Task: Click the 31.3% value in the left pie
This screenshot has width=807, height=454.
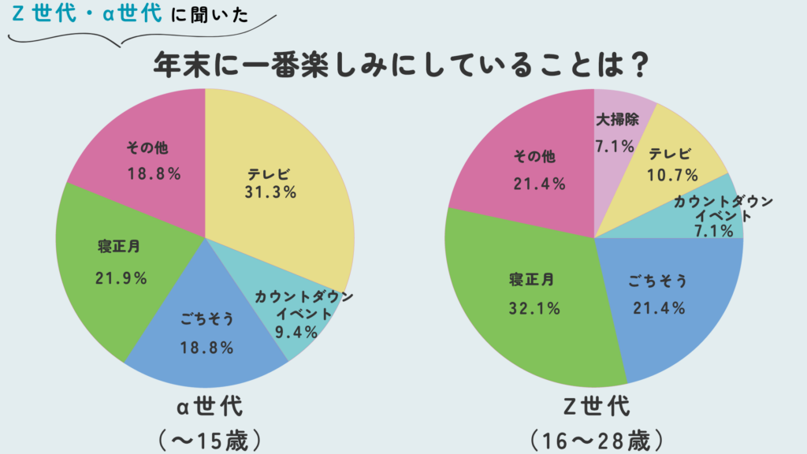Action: click(270, 192)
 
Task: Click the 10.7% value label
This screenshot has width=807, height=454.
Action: click(671, 174)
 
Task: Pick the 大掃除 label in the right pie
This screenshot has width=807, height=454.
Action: click(615, 120)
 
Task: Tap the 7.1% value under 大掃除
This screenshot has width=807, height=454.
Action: click(615, 146)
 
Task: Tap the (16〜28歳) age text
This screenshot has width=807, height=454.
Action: click(596, 437)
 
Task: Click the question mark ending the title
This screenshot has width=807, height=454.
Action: click(640, 65)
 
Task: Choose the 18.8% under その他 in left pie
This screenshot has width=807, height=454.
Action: click(154, 174)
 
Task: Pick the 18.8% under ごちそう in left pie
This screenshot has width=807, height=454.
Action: click(206, 348)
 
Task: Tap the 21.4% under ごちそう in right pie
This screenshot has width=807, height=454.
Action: click(659, 307)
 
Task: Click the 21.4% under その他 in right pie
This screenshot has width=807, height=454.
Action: click(539, 184)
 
